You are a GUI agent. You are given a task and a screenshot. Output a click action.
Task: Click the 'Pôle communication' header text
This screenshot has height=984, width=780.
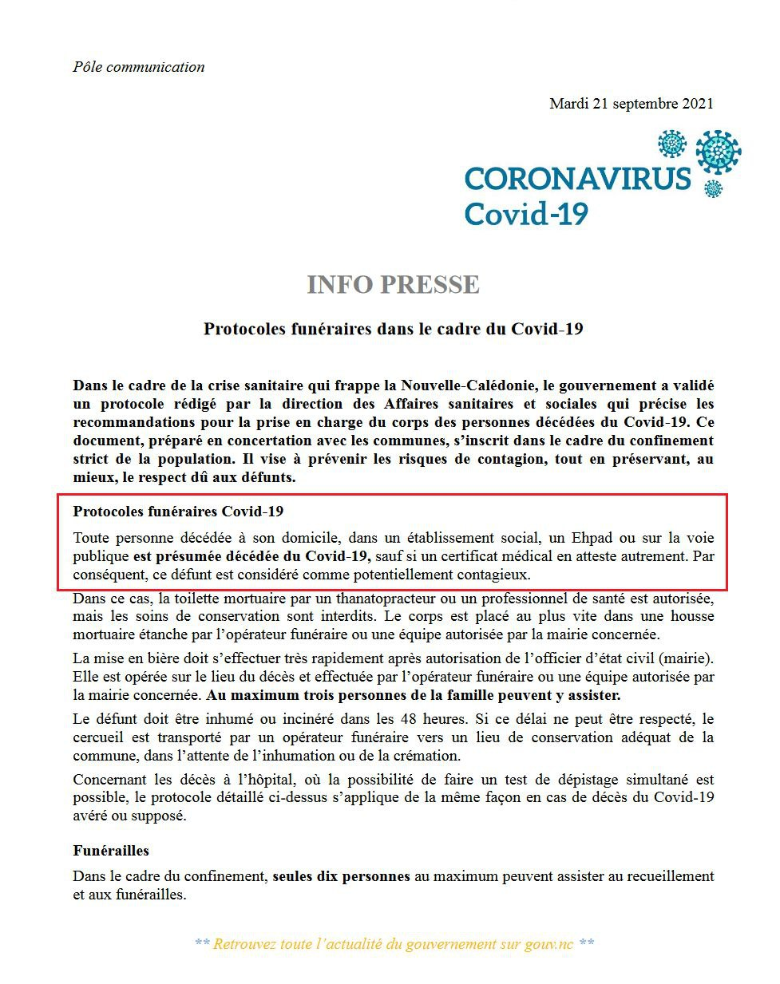coord(138,67)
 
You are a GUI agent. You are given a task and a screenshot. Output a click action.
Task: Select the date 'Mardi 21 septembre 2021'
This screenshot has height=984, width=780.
coord(631,104)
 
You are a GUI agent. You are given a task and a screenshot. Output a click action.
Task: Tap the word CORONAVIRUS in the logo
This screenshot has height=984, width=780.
coord(576,179)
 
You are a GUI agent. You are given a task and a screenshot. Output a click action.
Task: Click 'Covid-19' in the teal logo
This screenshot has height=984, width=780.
coord(526,214)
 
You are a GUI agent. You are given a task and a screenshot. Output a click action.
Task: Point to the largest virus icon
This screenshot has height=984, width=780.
coord(718,152)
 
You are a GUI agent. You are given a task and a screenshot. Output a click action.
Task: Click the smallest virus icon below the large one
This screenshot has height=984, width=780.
coord(713,188)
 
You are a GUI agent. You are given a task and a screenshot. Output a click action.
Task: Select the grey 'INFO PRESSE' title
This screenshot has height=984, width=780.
coord(393,284)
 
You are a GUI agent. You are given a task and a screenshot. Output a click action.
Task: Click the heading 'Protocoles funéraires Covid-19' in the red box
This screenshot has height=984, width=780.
coord(178,512)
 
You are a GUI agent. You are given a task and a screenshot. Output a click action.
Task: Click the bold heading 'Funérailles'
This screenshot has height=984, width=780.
coord(111,851)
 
